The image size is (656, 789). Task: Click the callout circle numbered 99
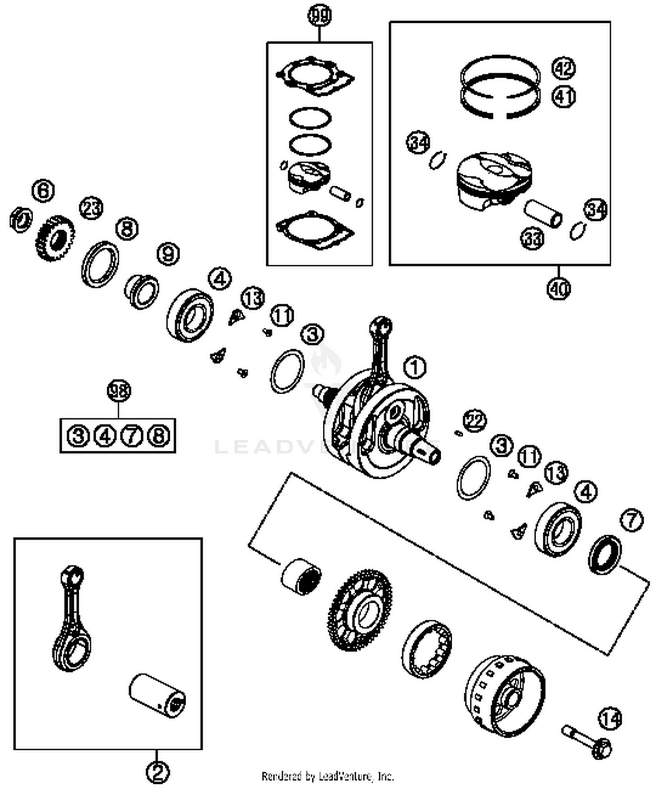[x=320, y=16]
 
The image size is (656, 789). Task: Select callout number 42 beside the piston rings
[x=563, y=68]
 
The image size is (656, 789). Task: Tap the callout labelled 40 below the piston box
[x=558, y=288]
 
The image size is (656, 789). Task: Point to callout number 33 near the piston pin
[x=532, y=238]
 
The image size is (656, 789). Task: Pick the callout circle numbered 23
[x=91, y=208]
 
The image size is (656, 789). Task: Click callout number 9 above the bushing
[x=168, y=254]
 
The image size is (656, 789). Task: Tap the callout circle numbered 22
[x=475, y=421]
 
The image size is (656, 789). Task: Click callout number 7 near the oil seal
[x=632, y=520]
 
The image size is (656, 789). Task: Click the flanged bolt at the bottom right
[x=587, y=741]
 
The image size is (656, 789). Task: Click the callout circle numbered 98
[x=119, y=390]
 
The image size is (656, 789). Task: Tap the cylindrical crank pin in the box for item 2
[x=157, y=696]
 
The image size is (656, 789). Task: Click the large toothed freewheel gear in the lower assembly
[x=359, y=610]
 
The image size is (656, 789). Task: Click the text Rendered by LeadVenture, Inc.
[x=328, y=777]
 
